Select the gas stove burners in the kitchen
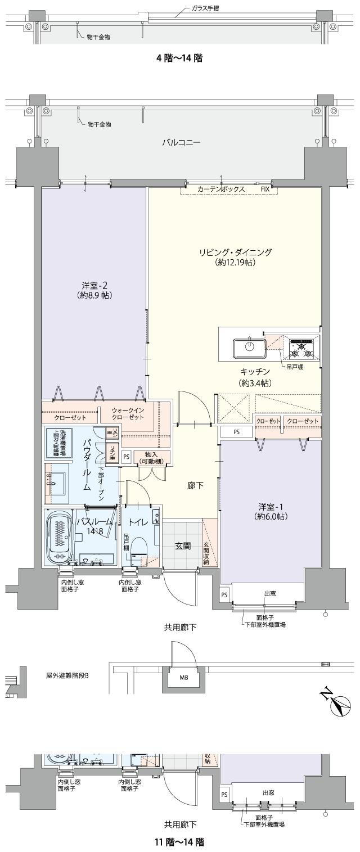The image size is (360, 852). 301,348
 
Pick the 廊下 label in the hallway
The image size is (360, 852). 195,485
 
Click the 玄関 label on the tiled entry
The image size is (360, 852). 183,546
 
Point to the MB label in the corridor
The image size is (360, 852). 184,677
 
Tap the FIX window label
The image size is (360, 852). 265,190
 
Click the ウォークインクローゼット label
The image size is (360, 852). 128,414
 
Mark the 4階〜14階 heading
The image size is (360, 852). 179,57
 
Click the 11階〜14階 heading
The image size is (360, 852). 179,842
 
